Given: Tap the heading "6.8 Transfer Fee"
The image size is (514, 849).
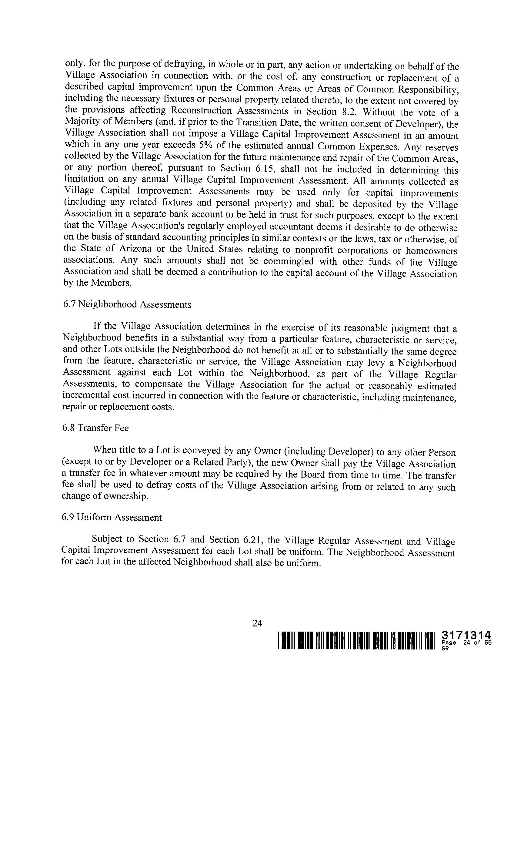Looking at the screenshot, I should pyautogui.click(x=95, y=428).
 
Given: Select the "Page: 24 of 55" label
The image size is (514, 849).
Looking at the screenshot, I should pyautogui.click(x=466, y=643).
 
